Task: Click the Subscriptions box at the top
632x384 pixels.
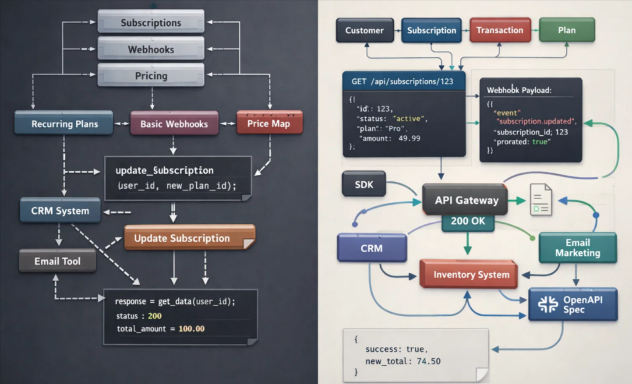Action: pyautogui.click(x=151, y=23)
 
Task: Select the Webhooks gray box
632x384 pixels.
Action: pyautogui.click(x=151, y=49)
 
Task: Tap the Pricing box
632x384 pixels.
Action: pyautogui.click(x=151, y=76)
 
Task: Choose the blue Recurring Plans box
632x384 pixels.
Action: pyautogui.click(x=64, y=124)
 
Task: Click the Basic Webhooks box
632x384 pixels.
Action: pyautogui.click(x=174, y=124)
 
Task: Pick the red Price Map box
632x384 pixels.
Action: pyautogui.click(x=270, y=123)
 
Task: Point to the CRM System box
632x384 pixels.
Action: pyautogui.click(x=60, y=211)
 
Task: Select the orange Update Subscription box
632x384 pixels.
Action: pyautogui.click(x=189, y=238)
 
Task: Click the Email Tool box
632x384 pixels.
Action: pyautogui.click(x=57, y=261)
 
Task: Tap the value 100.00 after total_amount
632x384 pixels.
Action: pyautogui.click(x=191, y=329)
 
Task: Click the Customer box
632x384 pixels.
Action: pyautogui.click(x=364, y=30)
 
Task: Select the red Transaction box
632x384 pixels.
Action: pyautogui.click(x=500, y=30)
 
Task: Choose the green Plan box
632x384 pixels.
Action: pyautogui.click(x=567, y=30)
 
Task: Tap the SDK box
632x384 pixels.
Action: pyautogui.click(x=364, y=184)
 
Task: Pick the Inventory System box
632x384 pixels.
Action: pyautogui.click(x=472, y=274)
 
